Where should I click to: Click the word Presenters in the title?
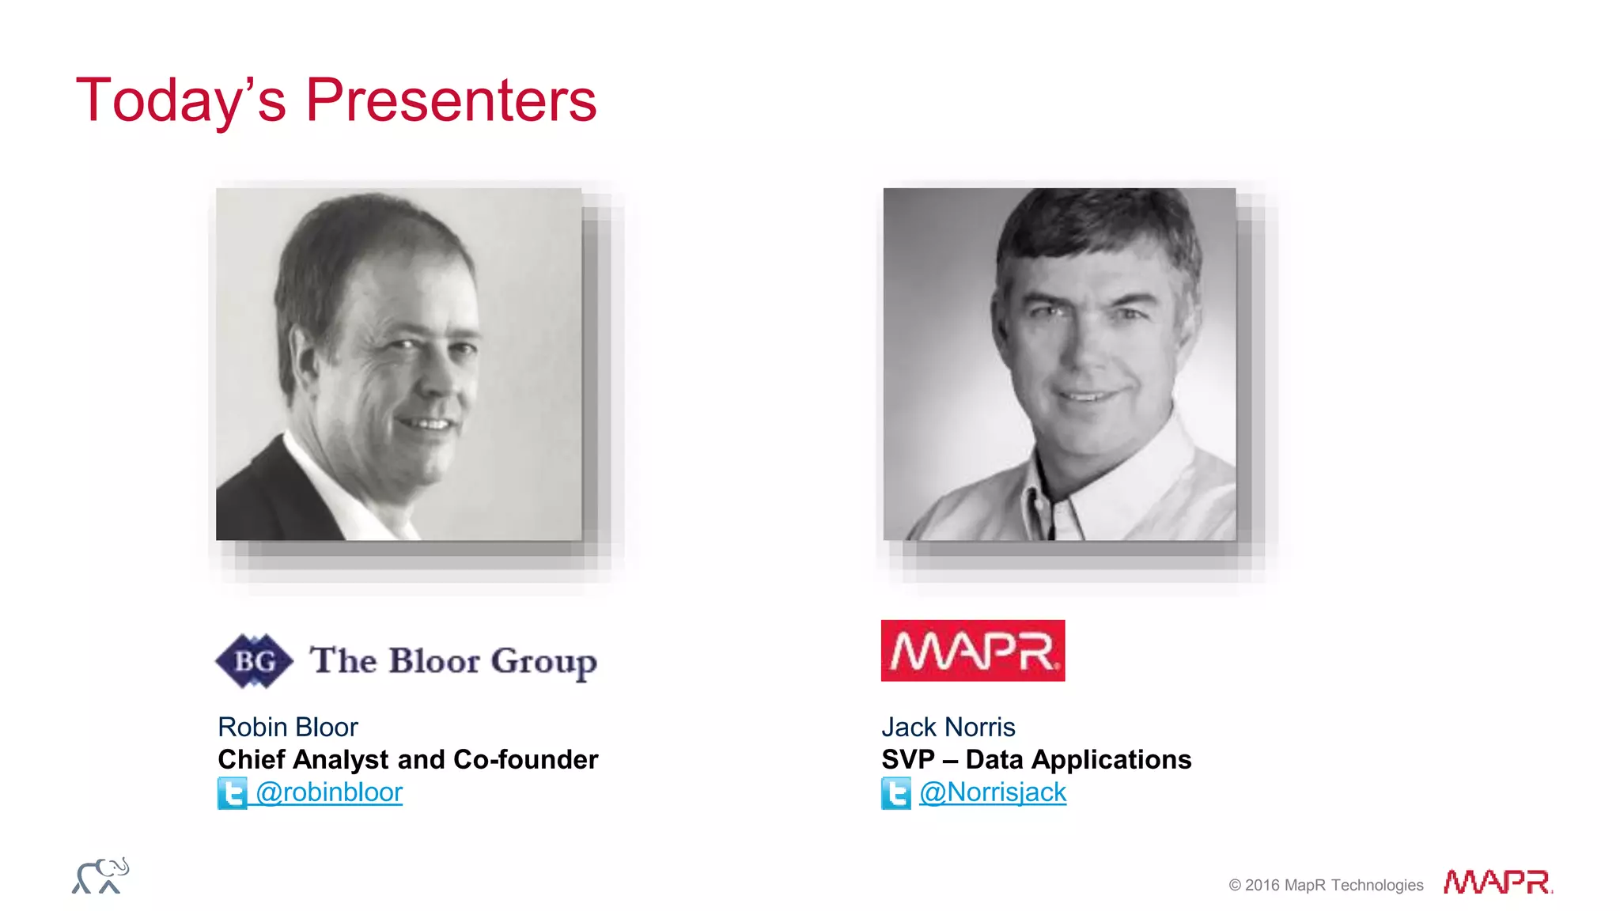[x=451, y=100]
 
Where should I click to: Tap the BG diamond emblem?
[x=254, y=660]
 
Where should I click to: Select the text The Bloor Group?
[x=452, y=661]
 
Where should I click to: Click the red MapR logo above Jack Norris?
[x=972, y=651]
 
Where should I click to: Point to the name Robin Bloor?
[x=288, y=727]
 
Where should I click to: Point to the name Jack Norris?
[x=948, y=727]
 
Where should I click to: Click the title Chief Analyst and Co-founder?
[x=407, y=759]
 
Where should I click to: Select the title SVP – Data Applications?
[x=1036, y=759]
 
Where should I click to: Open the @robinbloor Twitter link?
[x=329, y=792]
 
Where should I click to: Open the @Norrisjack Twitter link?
[x=993, y=792]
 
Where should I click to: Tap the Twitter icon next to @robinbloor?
[x=232, y=793]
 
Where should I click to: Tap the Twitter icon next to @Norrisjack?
[x=895, y=793]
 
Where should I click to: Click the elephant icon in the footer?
[x=100, y=876]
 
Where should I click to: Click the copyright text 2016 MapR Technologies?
[x=1326, y=885]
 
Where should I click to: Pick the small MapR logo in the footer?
[x=1497, y=882]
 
